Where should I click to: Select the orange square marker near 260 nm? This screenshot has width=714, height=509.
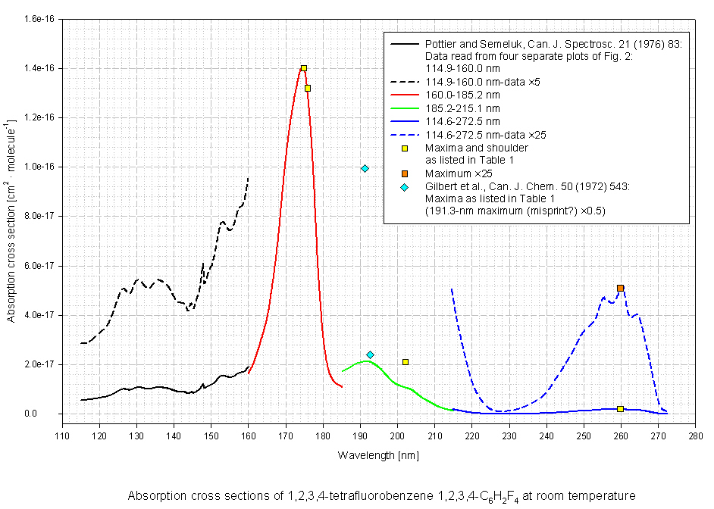click(620, 288)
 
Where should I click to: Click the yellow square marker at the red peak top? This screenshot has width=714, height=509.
click(303, 68)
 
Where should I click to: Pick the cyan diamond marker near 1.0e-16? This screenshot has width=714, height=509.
click(365, 168)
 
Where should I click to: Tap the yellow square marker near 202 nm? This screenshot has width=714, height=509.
click(406, 362)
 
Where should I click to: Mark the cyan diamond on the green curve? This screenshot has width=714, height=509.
click(370, 354)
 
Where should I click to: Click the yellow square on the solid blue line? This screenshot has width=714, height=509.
click(620, 409)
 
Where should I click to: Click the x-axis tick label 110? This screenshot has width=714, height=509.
click(61, 436)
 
